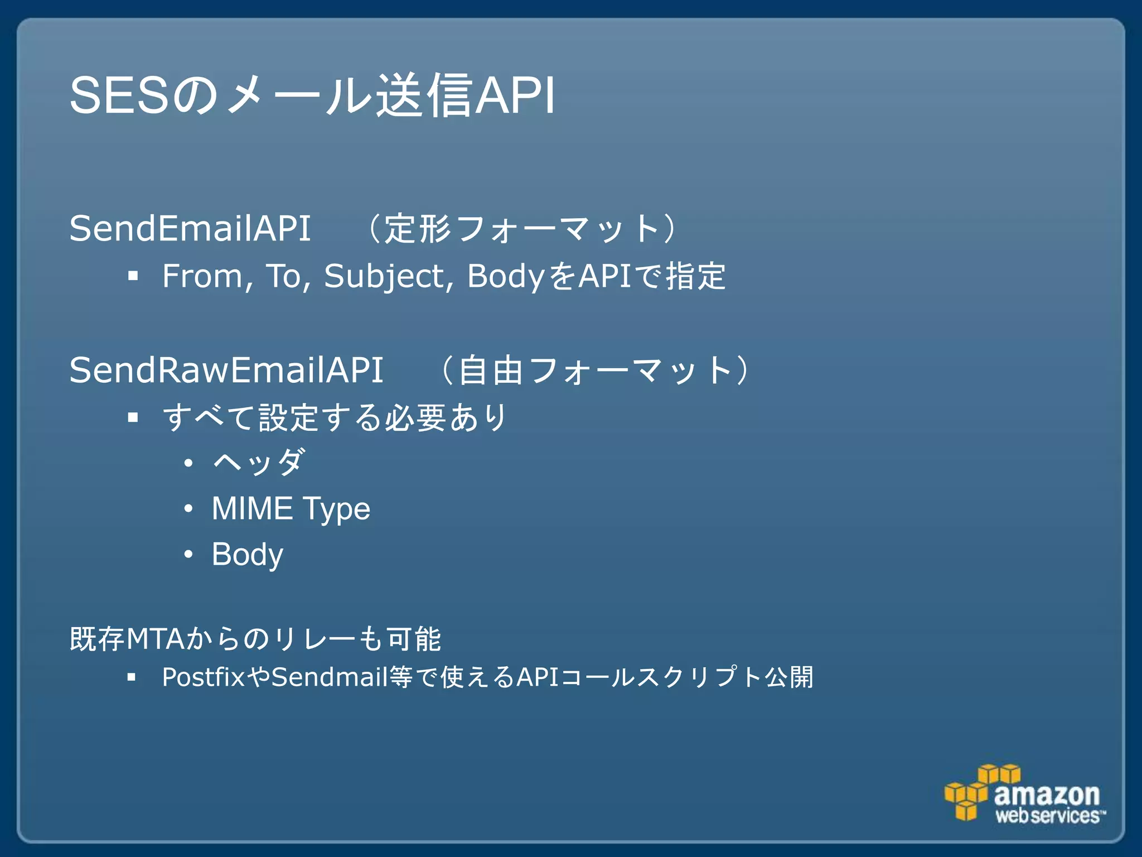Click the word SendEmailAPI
(x=190, y=229)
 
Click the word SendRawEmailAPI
(x=226, y=370)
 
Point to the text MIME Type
(x=291, y=509)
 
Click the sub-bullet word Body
(x=247, y=555)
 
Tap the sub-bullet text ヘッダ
(x=259, y=463)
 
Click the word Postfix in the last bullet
(x=203, y=677)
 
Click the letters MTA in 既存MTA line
(x=155, y=639)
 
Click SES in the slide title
(x=119, y=96)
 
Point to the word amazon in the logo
(x=1047, y=794)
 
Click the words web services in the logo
(x=1048, y=816)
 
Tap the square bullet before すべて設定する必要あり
(x=133, y=417)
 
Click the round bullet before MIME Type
(x=188, y=509)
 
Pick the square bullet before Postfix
(x=132, y=677)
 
